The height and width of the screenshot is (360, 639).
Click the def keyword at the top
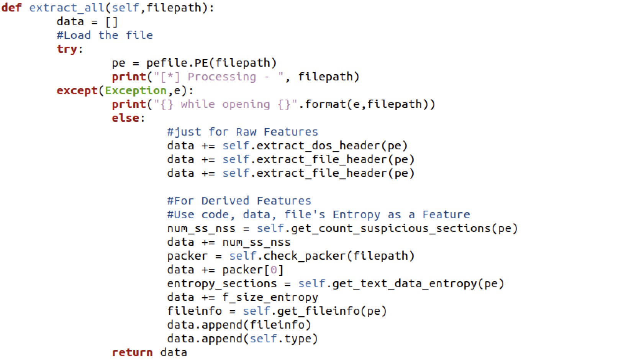[11, 8]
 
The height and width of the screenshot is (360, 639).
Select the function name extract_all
[67, 8]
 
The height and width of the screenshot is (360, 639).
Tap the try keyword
[67, 49]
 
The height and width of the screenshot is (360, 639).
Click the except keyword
[77, 90]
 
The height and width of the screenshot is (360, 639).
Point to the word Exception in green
[136, 90]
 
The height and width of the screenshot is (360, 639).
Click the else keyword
[126, 118]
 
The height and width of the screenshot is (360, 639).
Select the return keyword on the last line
[132, 352]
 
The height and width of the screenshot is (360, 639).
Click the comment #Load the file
[105, 35]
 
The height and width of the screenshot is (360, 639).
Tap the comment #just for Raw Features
[242, 132]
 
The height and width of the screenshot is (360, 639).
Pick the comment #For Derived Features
[239, 201]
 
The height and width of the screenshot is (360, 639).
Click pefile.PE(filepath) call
[211, 63]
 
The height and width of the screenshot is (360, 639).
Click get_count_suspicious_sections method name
[390, 228]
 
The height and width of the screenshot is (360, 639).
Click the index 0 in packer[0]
[274, 270]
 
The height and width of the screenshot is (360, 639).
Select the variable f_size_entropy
[270, 297]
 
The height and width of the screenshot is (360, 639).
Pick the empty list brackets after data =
[111, 22]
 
